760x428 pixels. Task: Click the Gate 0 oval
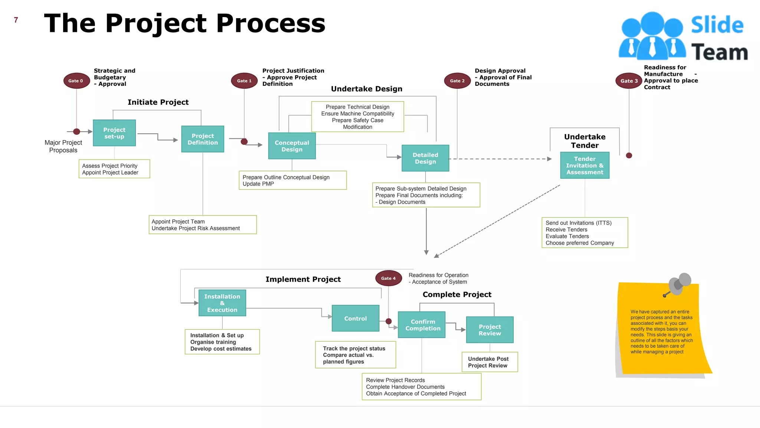(76, 81)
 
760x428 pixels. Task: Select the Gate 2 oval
(457, 81)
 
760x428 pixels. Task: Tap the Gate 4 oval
(388, 278)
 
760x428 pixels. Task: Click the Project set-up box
(114, 133)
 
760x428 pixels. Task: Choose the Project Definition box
(203, 139)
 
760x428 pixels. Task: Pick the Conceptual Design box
(292, 146)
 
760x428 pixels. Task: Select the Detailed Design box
(425, 158)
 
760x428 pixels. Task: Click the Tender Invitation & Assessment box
(585, 165)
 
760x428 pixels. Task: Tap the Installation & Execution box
(222, 303)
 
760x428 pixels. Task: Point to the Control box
(356, 318)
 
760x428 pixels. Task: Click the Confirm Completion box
(422, 325)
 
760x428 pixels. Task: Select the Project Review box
(490, 330)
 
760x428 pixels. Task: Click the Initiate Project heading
(158, 102)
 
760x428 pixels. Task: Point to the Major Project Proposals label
(63, 146)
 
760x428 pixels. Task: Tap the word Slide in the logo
(717, 25)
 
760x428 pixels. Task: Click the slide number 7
(16, 20)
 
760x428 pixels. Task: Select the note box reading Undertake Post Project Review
(489, 362)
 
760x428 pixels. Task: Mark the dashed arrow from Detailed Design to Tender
(501, 159)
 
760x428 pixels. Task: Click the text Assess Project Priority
(110, 166)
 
